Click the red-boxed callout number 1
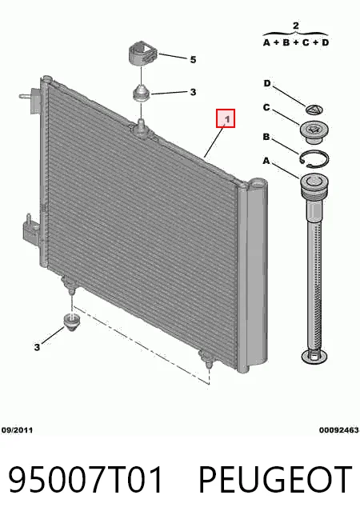click(x=226, y=118)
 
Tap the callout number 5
click(x=193, y=60)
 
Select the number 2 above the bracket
click(x=296, y=26)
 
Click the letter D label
click(x=267, y=83)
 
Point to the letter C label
click(x=266, y=108)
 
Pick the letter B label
click(x=266, y=137)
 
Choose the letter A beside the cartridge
click(x=266, y=161)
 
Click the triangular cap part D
click(x=314, y=109)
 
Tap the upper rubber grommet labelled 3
click(x=142, y=93)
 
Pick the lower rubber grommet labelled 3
click(x=71, y=321)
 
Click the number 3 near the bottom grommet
click(x=37, y=347)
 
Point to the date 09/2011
click(x=17, y=430)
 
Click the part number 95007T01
click(x=86, y=480)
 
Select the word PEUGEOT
click(x=275, y=480)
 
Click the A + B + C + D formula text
click(x=296, y=42)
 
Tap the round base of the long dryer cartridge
click(x=314, y=356)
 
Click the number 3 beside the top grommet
click(x=193, y=92)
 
